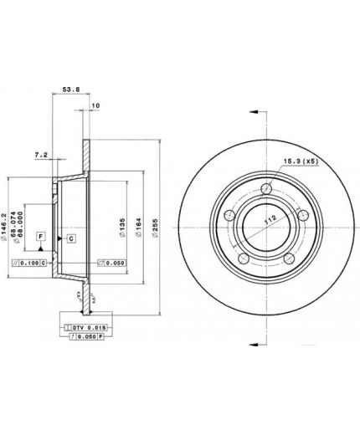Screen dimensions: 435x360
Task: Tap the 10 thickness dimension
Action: point(95,105)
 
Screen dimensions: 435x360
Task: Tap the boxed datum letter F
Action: point(39,238)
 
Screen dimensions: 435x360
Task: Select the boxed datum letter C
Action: point(71,238)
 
